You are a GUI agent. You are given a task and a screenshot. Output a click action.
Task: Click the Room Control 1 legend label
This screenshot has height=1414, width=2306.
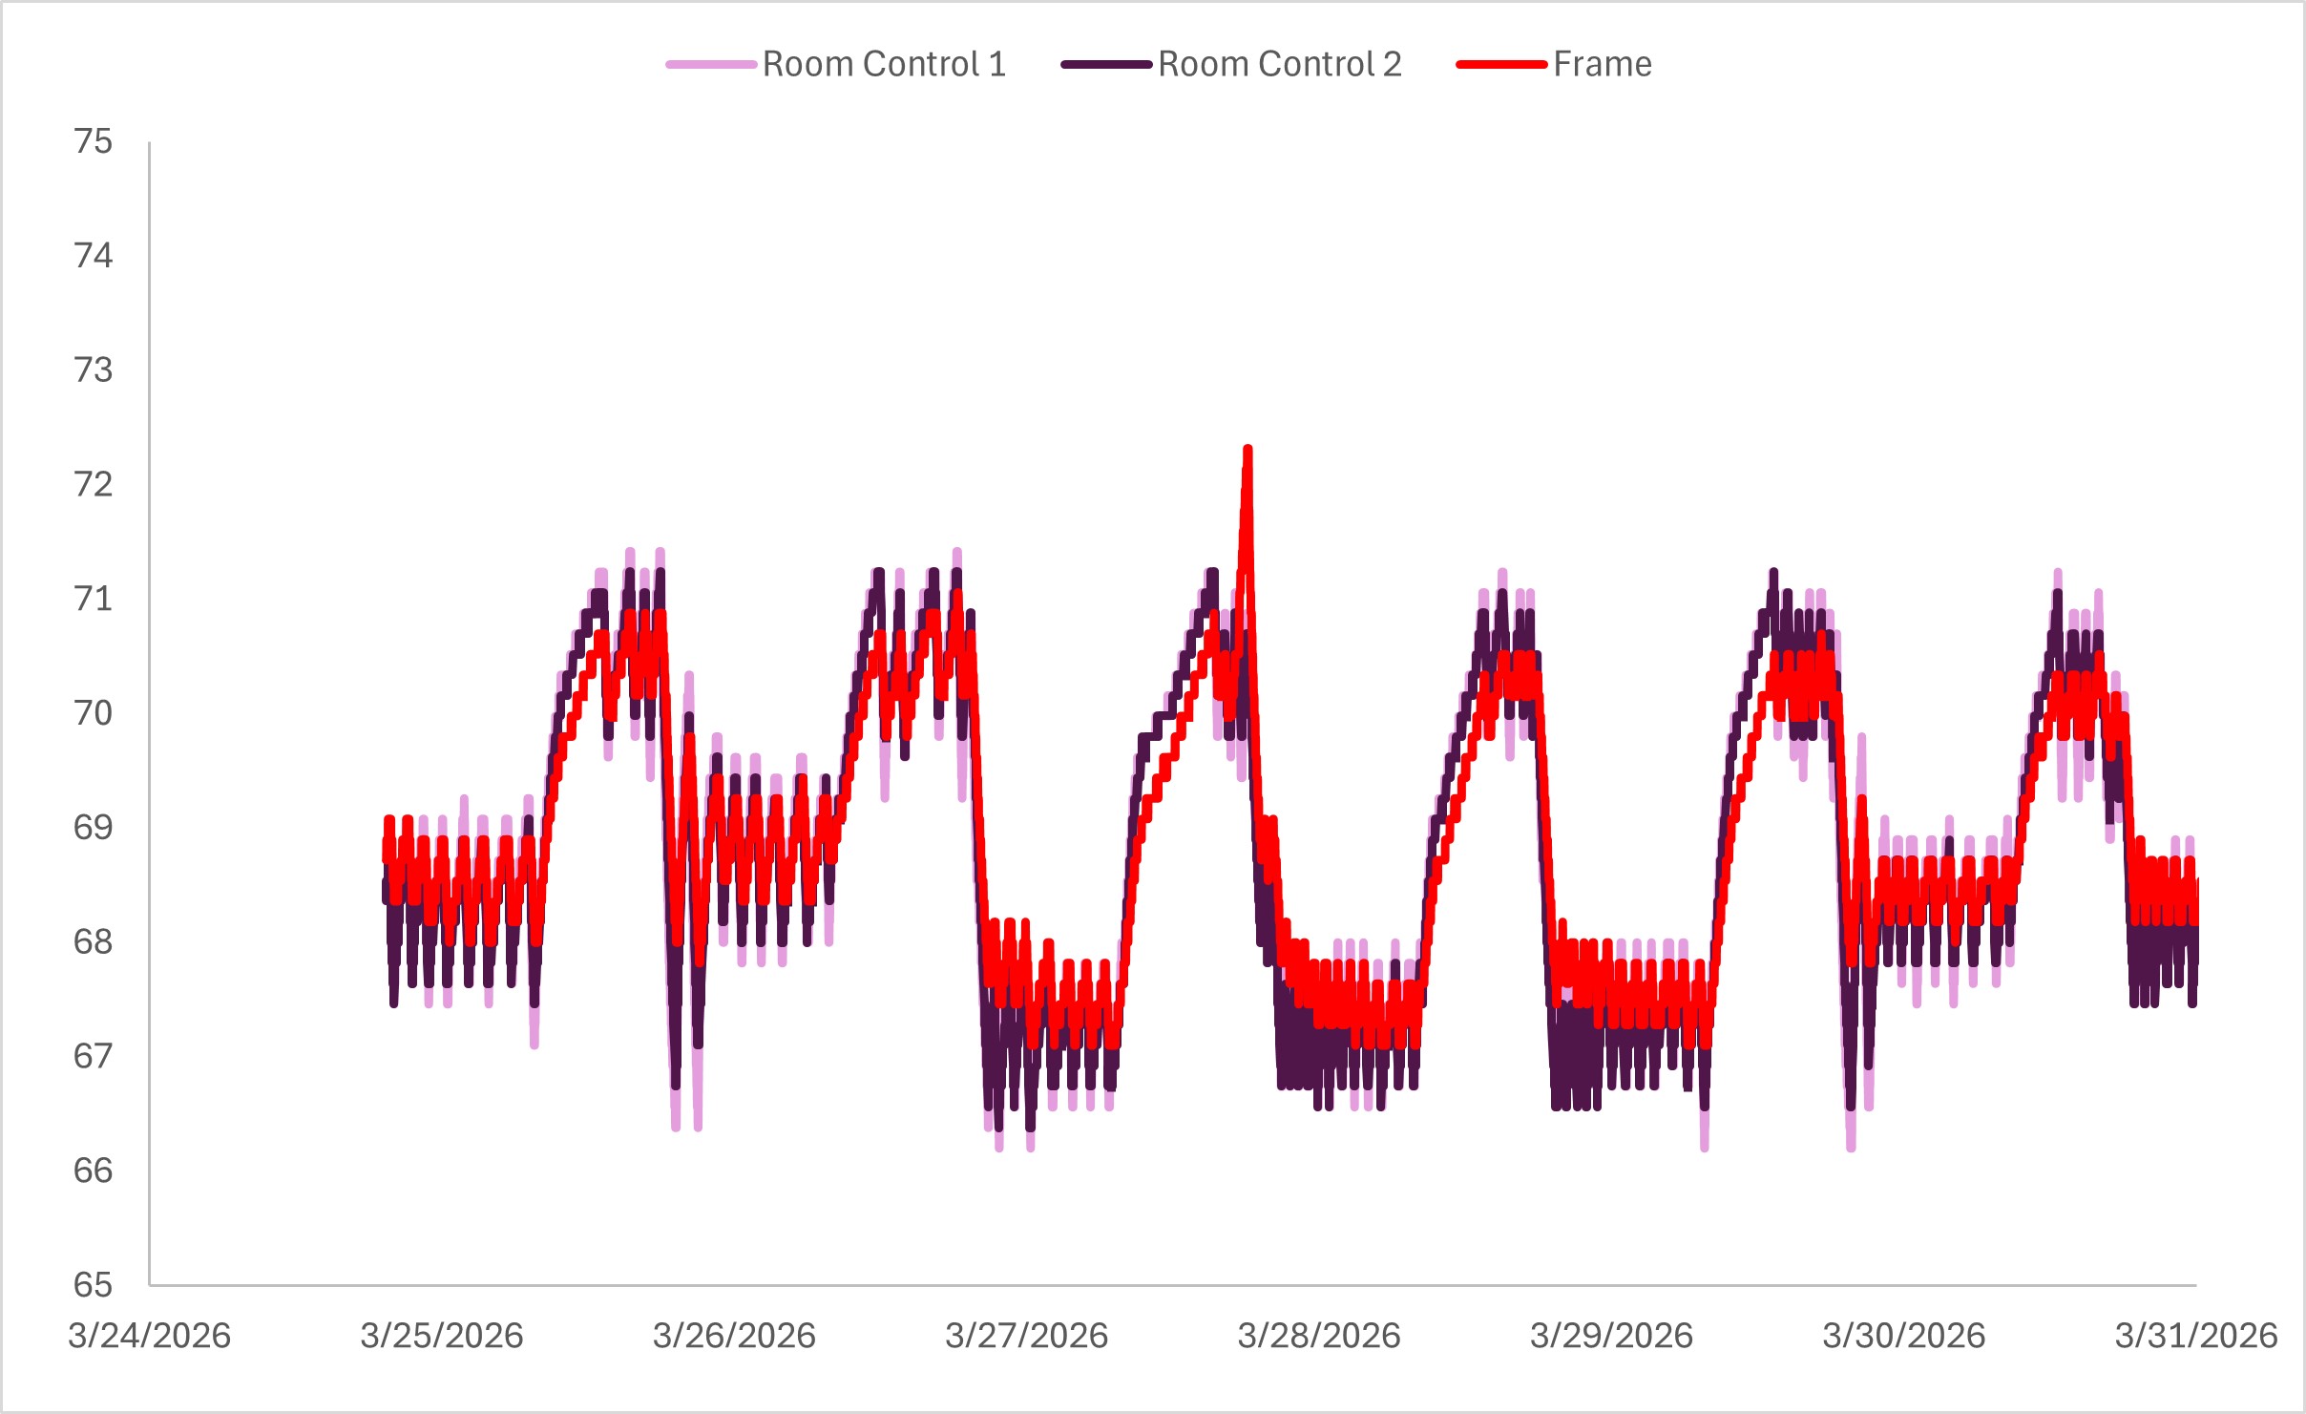point(884,64)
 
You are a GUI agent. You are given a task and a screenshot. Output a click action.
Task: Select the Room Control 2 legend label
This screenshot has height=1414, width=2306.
point(1279,64)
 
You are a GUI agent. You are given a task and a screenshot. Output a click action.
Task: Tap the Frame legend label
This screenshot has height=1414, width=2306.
point(1602,64)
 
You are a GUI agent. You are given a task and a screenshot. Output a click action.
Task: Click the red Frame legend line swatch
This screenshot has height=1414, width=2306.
point(1501,65)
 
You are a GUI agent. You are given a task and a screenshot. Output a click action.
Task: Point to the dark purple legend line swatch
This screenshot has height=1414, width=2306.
point(1106,65)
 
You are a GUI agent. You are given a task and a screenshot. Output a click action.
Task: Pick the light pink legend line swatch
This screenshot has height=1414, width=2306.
point(711,65)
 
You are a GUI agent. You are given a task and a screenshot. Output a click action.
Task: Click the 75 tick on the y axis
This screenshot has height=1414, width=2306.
point(93,141)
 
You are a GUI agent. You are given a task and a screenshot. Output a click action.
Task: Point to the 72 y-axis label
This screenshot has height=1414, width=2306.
point(93,484)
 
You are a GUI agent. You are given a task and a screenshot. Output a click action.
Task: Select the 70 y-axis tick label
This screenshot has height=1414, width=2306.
point(93,713)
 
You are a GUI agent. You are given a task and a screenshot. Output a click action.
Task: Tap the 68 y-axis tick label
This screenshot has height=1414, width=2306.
point(93,941)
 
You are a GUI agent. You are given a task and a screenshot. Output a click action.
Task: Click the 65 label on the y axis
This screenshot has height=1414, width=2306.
point(93,1285)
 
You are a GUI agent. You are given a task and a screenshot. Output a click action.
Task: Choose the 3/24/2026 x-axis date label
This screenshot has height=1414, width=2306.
point(149,1335)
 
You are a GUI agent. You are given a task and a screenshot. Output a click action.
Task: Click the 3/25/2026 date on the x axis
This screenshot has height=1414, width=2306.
point(442,1335)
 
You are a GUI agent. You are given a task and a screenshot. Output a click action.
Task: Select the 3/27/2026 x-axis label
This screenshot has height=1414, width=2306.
point(1027,1335)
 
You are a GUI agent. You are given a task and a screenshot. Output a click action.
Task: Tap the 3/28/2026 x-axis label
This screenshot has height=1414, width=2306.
point(1319,1335)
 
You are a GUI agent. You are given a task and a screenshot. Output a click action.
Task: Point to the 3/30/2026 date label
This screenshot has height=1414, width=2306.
point(1904,1335)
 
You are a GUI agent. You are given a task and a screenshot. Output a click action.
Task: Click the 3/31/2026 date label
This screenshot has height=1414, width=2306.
point(2196,1335)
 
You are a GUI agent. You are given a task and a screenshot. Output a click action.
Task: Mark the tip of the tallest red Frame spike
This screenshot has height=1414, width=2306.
point(1247,449)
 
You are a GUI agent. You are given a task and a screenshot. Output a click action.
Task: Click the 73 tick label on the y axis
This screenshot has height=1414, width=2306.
point(93,369)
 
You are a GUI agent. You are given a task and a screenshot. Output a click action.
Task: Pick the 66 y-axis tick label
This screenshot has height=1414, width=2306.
point(93,1171)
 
